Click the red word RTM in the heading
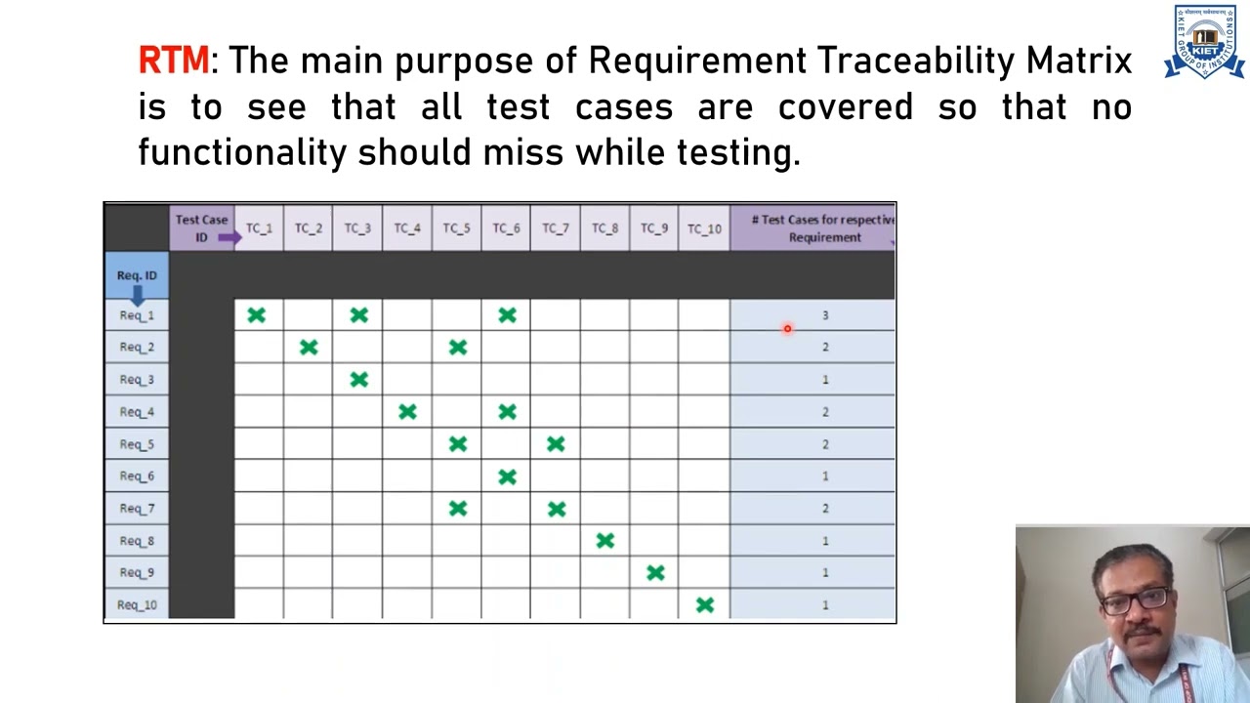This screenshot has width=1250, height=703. [x=173, y=61]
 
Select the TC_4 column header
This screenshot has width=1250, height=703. [x=406, y=228]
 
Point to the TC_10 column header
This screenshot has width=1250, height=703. [x=703, y=228]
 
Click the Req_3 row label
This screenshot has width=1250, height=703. [x=137, y=380]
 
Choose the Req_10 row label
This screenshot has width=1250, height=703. [x=137, y=605]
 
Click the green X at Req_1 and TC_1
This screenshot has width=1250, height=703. [x=256, y=315]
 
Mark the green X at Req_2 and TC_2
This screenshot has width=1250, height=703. [x=309, y=348]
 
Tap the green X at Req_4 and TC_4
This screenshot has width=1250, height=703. [x=407, y=412]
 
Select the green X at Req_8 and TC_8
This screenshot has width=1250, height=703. [x=605, y=541]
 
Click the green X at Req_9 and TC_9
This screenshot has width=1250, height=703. [x=655, y=573]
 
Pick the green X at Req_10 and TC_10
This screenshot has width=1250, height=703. [x=705, y=605]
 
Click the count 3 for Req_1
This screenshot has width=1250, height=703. [x=825, y=315]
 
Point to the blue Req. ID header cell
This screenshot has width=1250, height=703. [x=137, y=276]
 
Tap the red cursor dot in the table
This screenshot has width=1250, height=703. [x=787, y=329]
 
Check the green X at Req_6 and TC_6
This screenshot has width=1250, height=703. [x=507, y=476]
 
